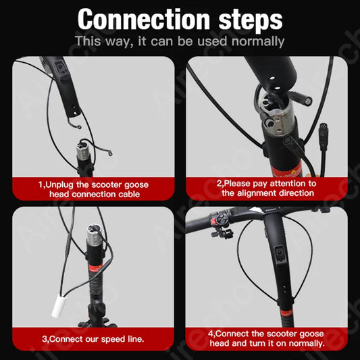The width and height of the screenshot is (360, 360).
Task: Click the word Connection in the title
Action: tap(143, 20)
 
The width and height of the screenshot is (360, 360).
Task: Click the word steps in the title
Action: tap(251, 20)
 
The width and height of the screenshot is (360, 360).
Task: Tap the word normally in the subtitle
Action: tap(258, 41)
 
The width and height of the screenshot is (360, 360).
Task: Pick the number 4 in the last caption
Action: tap(211, 334)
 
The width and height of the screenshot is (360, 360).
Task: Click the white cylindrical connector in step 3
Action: tap(59, 307)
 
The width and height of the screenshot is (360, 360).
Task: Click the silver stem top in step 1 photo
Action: tap(82, 151)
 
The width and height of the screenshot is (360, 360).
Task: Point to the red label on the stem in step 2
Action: tap(287, 170)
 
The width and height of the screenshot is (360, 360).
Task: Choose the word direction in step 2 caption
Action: tap(297, 193)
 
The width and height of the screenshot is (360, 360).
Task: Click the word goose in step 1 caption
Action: tap(136, 185)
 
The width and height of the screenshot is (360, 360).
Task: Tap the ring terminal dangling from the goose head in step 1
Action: tap(78, 126)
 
